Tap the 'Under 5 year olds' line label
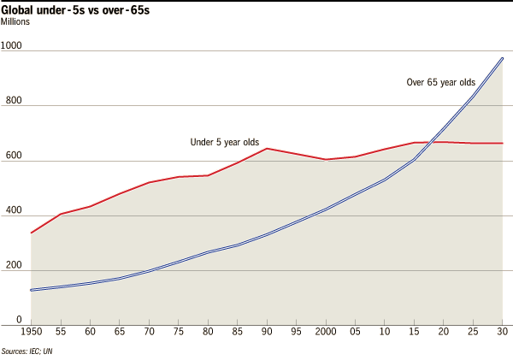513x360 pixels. (x=224, y=142)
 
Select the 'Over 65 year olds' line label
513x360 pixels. (x=440, y=83)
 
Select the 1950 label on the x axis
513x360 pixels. (x=31, y=333)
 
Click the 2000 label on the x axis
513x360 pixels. (x=325, y=333)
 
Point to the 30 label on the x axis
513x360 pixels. (x=502, y=333)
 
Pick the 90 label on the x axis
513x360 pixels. (x=267, y=333)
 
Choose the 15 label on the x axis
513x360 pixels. (x=414, y=333)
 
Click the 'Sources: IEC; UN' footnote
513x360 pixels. (x=32, y=351)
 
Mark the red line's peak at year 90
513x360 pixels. (x=267, y=149)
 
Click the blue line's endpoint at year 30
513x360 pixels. (x=502, y=59)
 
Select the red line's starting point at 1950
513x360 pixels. (x=31, y=233)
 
